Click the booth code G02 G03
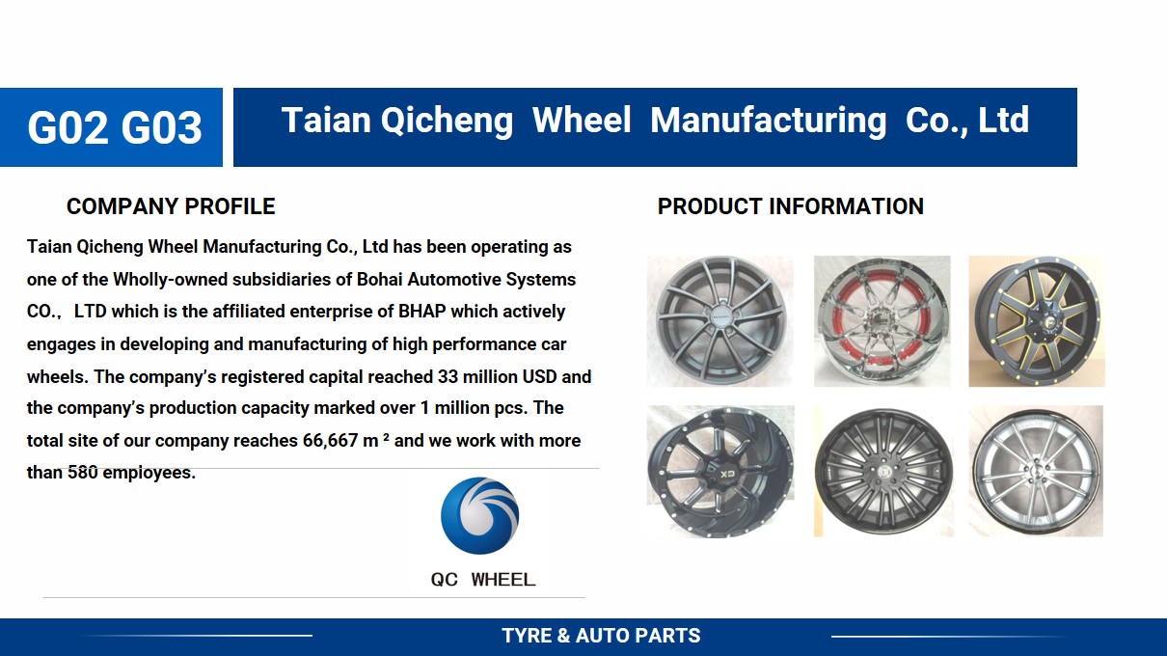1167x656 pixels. pos(115,127)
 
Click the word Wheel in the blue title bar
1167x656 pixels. pos(582,120)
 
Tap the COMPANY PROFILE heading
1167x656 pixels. pos(171,206)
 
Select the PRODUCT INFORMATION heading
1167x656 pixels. pos(790,206)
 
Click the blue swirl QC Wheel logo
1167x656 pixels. pos(480,515)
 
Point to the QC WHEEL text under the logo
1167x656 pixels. pos(483,580)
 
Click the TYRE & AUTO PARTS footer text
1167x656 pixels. pos(601,636)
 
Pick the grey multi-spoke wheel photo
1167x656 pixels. pos(720,321)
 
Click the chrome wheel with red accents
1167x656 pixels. pos(882,321)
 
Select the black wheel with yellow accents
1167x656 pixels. pos(1037,321)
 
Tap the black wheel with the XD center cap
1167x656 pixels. pos(720,471)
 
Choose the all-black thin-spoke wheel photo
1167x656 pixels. pos(883,471)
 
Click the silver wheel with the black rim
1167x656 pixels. pos(1036,471)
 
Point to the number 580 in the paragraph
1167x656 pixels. pos(82,473)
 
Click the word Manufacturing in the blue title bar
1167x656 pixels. pos(768,120)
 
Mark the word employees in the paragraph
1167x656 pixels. pos(149,473)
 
